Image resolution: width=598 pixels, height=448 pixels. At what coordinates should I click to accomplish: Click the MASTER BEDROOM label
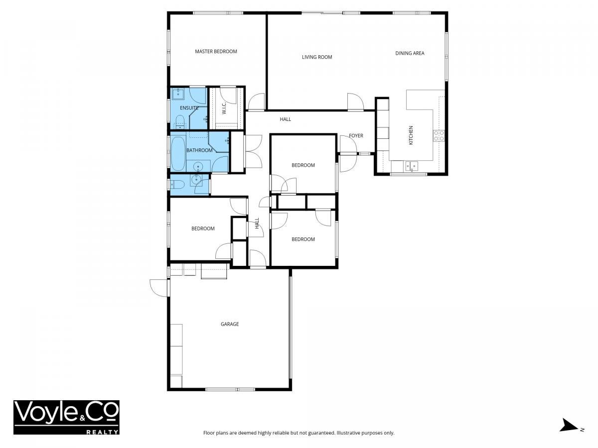(x=216, y=51)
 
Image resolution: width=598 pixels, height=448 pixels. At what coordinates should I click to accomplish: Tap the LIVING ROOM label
(x=317, y=57)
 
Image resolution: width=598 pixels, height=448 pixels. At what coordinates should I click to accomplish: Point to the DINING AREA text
(x=410, y=53)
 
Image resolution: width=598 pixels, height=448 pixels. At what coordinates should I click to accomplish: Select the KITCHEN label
(x=411, y=135)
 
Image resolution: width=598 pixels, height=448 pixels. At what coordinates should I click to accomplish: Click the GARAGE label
(x=230, y=324)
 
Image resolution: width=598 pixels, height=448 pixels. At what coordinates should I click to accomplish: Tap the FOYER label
(x=356, y=135)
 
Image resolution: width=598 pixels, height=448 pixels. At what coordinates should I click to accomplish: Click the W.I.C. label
(x=224, y=108)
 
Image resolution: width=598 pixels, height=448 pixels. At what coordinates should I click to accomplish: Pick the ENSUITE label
(x=189, y=108)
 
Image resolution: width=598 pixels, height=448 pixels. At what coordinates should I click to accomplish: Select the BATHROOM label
(x=199, y=150)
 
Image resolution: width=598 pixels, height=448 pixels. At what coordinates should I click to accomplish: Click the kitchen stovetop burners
(x=439, y=135)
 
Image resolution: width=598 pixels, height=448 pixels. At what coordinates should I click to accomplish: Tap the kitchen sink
(x=412, y=166)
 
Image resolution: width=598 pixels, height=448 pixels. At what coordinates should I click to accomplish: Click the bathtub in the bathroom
(x=178, y=154)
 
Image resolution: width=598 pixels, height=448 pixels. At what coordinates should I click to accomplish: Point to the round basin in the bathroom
(x=198, y=166)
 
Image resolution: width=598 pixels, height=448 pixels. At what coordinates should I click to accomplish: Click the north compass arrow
(x=569, y=433)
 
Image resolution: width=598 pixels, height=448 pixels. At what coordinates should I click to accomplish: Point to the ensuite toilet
(x=180, y=122)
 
